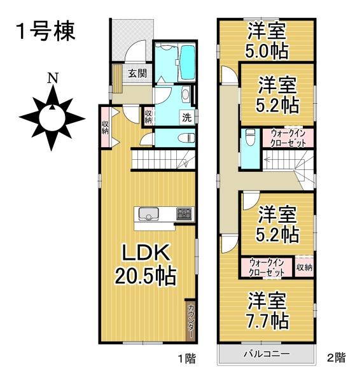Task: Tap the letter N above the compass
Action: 54,80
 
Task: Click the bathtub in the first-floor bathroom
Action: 188,63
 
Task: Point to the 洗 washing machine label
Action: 188,117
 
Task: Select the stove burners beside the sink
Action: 184,215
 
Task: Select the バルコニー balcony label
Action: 267,354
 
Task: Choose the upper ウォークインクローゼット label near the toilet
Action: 292,138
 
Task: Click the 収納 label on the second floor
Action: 304,266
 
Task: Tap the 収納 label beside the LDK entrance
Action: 105,125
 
